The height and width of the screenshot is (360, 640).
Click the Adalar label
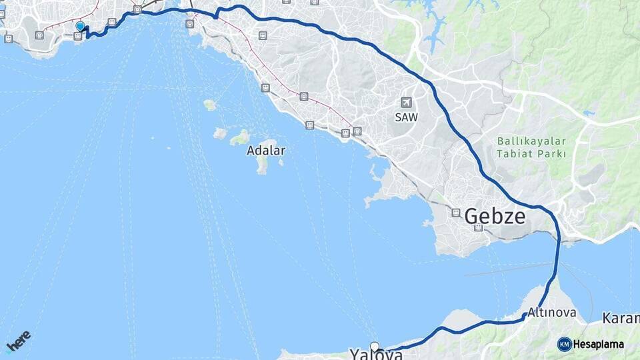click(266, 151)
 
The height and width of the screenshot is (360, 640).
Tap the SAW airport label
click(406, 117)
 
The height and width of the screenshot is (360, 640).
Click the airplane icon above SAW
click(406, 102)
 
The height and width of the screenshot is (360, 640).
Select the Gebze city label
click(495, 216)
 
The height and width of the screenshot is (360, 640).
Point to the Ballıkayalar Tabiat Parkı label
click(531, 147)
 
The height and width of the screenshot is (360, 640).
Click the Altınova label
click(551, 312)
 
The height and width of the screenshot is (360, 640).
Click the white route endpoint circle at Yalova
click(375, 347)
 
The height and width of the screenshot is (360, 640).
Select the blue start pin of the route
click(80, 27)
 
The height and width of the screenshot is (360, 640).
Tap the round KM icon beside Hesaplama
click(564, 345)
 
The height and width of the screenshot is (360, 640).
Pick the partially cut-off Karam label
click(621, 318)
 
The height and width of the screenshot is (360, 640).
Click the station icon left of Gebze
click(456, 213)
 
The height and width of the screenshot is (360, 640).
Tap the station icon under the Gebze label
click(478, 228)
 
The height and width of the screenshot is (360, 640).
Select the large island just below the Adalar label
click(263, 165)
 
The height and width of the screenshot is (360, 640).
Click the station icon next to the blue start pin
click(78, 36)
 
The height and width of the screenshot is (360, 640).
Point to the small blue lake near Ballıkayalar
click(589, 114)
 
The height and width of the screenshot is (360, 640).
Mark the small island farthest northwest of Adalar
click(209, 105)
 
